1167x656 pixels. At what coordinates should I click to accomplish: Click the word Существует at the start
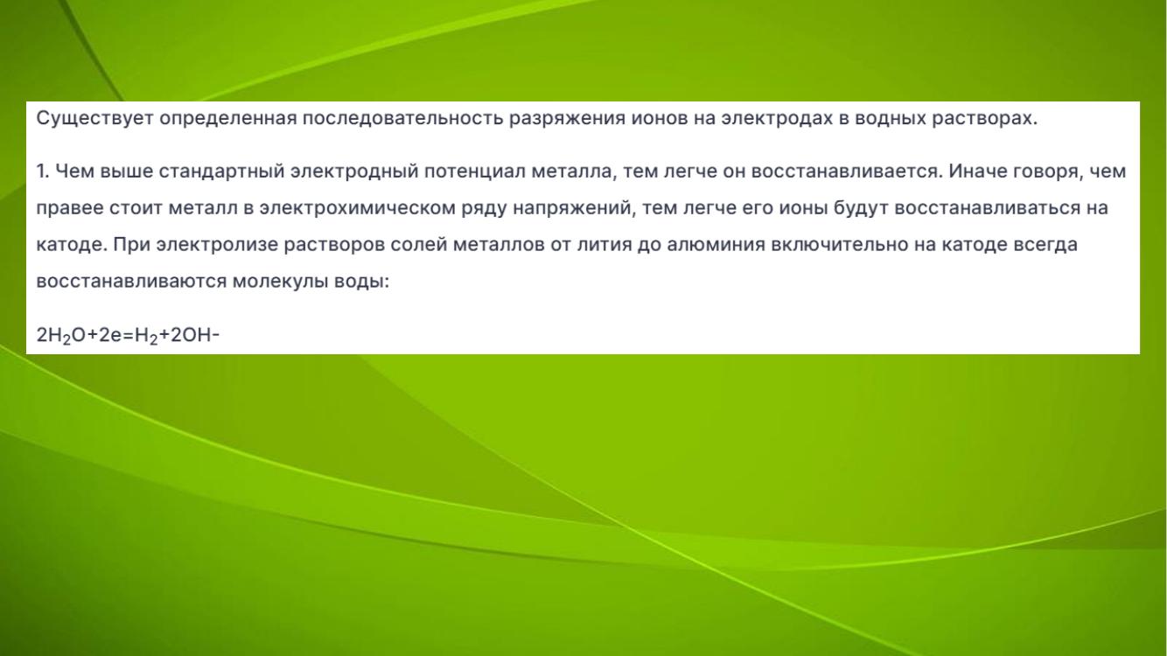94,119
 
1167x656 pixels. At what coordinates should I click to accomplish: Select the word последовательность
402,119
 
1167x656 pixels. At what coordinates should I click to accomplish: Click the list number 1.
42,171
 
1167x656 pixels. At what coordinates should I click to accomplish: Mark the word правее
70,209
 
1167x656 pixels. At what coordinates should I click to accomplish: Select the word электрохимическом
358,209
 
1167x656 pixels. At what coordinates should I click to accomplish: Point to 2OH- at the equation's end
195,335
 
